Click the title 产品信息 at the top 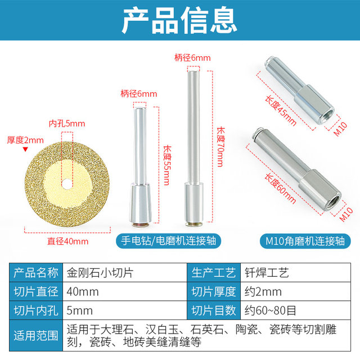click(179, 21)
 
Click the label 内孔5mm click(67, 123)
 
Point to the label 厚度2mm click(25, 139)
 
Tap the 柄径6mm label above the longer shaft click(192, 57)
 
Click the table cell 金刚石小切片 click(92, 273)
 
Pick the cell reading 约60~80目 click(267, 310)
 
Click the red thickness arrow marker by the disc click(25, 150)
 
